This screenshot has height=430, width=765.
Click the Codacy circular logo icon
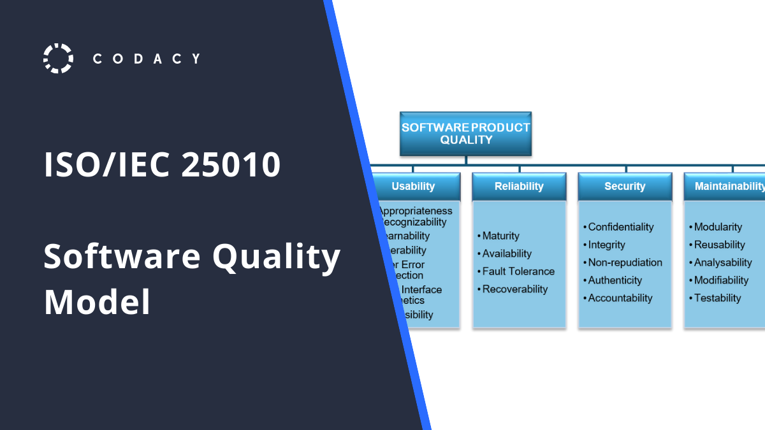click(x=58, y=59)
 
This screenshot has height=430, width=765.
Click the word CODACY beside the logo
click(x=147, y=59)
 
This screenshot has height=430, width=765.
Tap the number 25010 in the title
click(x=231, y=165)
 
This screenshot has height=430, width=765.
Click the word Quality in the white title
click(x=276, y=258)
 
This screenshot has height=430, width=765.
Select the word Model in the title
click(x=97, y=302)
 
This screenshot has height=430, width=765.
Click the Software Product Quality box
click(x=465, y=134)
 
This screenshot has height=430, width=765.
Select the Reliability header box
click(x=519, y=187)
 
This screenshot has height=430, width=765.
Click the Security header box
click(x=625, y=187)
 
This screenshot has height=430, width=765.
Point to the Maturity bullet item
click(x=501, y=236)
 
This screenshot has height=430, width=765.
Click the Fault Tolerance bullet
click(x=518, y=271)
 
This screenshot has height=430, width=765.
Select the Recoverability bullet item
click(x=515, y=289)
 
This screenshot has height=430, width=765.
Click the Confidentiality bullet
click(x=621, y=227)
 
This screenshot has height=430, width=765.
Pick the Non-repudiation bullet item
click(x=625, y=262)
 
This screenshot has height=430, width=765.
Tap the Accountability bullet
click(x=620, y=298)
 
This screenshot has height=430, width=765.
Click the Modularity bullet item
click(x=718, y=227)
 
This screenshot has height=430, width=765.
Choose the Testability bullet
click(x=717, y=298)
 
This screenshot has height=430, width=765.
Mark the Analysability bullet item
click(x=723, y=262)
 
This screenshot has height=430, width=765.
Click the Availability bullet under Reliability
click(x=507, y=254)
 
